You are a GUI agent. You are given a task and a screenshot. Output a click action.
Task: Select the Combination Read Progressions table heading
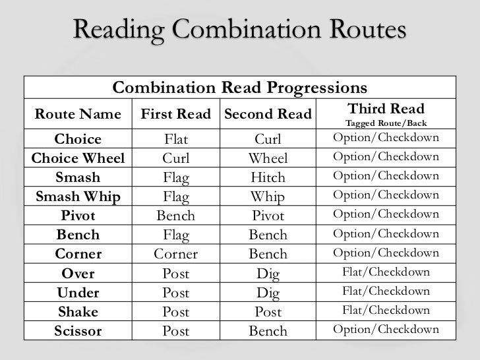click(241, 88)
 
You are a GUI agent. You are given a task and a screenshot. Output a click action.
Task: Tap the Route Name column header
click(78, 115)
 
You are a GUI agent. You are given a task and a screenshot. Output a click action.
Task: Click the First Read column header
click(176, 115)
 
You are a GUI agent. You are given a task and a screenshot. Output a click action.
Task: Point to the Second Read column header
click(268, 115)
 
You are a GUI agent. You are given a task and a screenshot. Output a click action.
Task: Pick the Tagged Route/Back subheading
click(386, 123)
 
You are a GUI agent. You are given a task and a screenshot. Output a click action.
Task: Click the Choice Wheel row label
click(78, 158)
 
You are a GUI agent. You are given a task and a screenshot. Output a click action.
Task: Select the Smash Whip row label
click(78, 196)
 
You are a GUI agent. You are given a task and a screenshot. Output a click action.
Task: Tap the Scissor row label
click(78, 331)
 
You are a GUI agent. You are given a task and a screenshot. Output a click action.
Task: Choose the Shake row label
click(78, 312)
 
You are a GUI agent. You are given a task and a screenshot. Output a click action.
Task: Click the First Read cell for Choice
click(176, 139)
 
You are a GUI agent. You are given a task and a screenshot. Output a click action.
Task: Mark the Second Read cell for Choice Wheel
click(268, 158)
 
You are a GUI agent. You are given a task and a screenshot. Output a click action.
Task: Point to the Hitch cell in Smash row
click(268, 177)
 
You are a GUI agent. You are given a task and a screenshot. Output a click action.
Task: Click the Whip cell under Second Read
click(268, 196)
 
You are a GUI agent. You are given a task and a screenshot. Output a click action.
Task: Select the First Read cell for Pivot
click(176, 216)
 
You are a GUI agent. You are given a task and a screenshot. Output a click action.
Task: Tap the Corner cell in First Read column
click(176, 254)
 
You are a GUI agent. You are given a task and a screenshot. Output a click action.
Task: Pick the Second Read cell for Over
click(268, 273)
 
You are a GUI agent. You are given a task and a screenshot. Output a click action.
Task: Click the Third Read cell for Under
click(386, 291)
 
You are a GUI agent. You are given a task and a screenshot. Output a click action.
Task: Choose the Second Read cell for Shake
click(268, 312)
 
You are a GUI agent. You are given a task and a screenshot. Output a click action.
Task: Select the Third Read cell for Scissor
click(386, 330)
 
